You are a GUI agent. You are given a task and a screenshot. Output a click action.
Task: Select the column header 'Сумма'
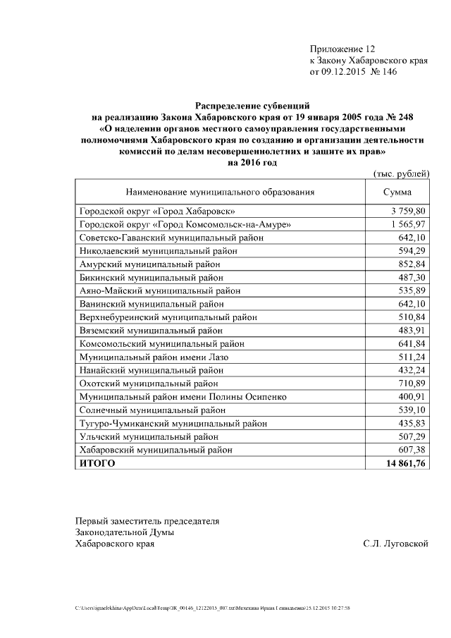coord(397,192)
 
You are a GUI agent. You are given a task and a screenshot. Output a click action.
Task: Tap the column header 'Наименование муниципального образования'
coord(220,192)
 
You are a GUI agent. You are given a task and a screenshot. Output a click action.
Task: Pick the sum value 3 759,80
coord(407,211)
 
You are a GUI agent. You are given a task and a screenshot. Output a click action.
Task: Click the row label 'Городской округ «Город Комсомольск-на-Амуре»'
coord(185,224)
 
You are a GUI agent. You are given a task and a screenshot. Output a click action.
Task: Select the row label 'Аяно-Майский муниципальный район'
coord(159,290)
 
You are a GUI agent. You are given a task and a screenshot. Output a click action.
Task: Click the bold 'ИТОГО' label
coord(96,463)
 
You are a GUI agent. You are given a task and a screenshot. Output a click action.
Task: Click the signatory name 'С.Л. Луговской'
coord(395,544)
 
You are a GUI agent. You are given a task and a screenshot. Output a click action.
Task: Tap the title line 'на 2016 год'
coord(252,162)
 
